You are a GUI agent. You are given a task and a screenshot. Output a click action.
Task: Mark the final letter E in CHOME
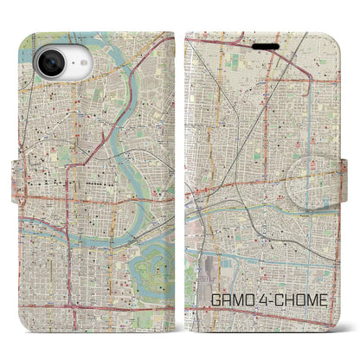click(325, 303)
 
